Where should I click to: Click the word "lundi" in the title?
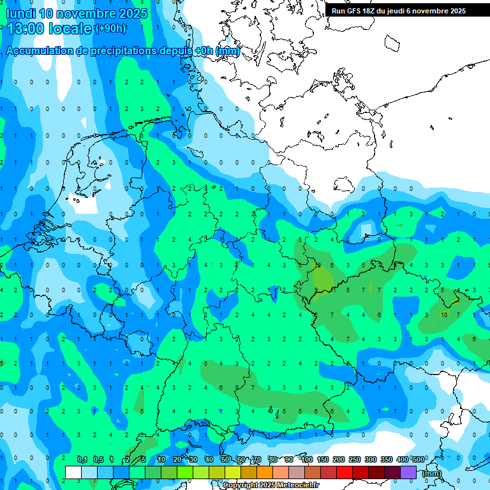20,13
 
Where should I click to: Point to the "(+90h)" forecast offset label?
110,29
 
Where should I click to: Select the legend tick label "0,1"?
82,459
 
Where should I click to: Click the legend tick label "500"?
419,459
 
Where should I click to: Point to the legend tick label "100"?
307,459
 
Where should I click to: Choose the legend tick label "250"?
355,459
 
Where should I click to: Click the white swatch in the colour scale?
73,472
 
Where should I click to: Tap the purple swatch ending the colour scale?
409,472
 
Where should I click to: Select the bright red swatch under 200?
345,472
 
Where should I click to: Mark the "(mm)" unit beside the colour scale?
432,473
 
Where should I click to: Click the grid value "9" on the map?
316,290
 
